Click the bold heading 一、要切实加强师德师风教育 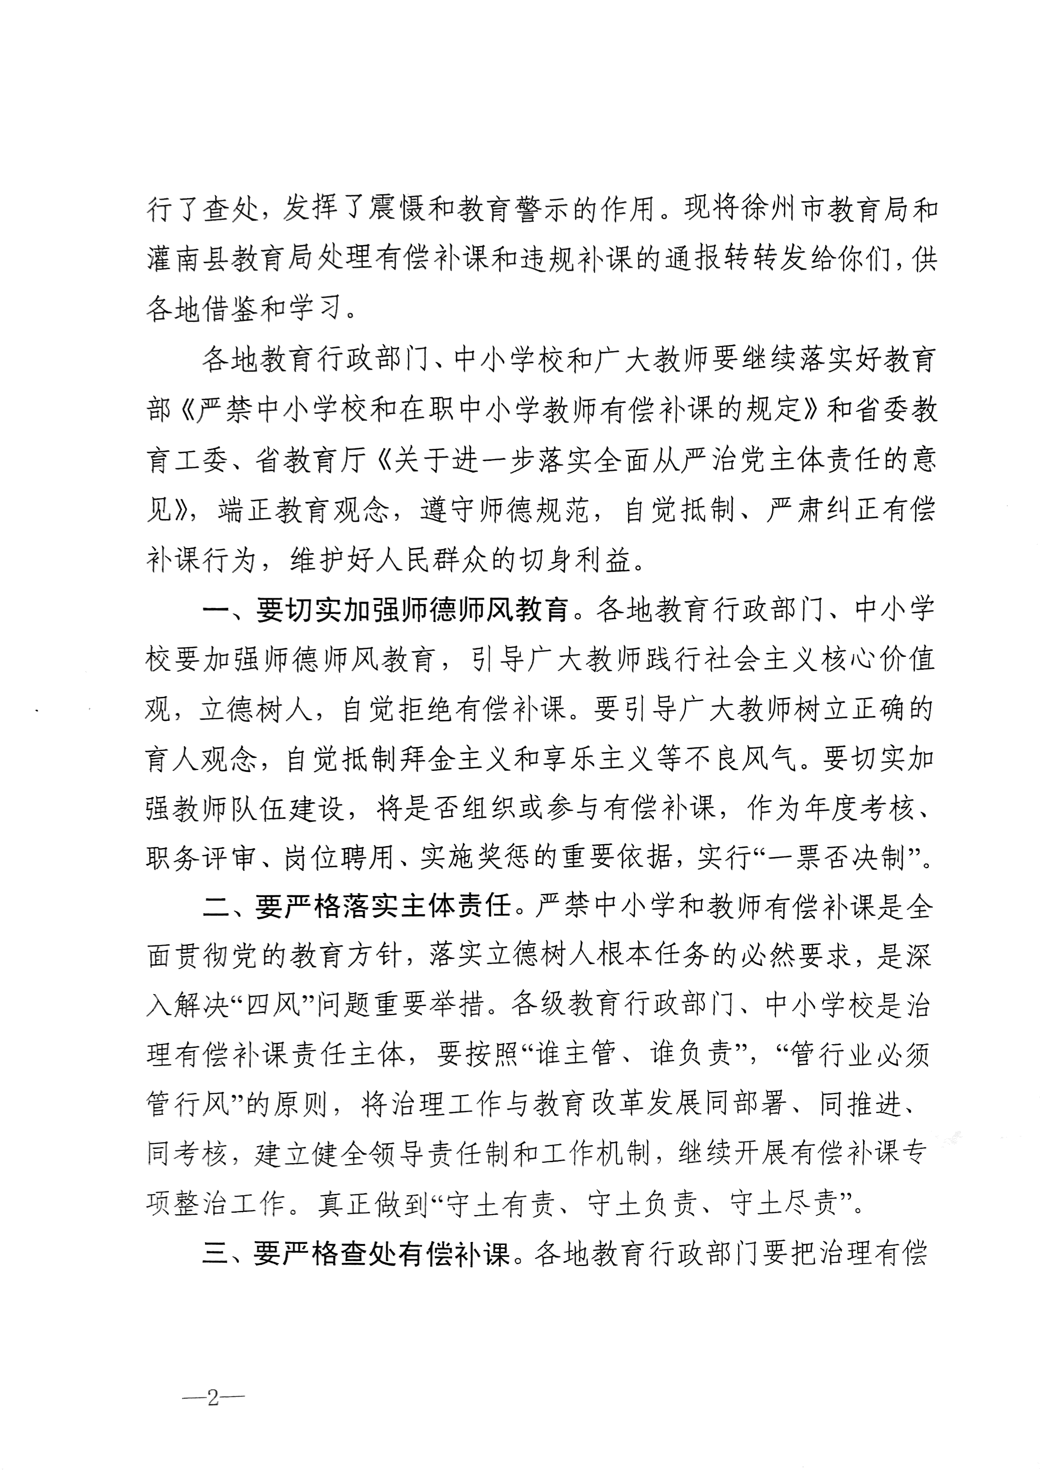(x=386, y=610)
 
